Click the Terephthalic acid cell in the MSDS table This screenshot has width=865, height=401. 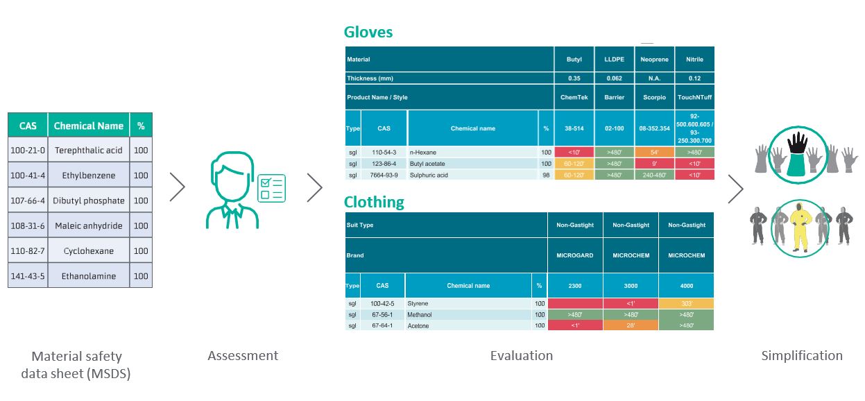[x=88, y=150]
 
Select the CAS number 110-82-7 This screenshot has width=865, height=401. [x=28, y=250]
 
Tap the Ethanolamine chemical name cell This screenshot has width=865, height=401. [x=88, y=276]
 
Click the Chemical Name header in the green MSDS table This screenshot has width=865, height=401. [x=88, y=126]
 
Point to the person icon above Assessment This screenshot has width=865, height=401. [x=232, y=190]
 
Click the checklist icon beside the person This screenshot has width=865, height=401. [x=271, y=188]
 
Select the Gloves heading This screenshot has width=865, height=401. [x=368, y=32]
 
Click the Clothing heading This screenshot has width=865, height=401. [x=374, y=202]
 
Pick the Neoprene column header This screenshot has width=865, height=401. [x=654, y=59]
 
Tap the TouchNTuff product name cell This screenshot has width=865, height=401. [x=694, y=97]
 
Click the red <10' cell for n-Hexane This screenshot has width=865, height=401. [x=574, y=152]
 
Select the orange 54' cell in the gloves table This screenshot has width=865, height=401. [x=654, y=152]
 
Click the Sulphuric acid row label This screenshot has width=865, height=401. [x=429, y=175]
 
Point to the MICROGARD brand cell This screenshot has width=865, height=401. [x=574, y=255]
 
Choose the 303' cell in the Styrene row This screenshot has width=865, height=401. [x=686, y=304]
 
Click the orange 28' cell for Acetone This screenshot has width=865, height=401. [x=631, y=325]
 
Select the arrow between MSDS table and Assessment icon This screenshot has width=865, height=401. [x=178, y=187]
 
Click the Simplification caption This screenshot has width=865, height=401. [x=802, y=355]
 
